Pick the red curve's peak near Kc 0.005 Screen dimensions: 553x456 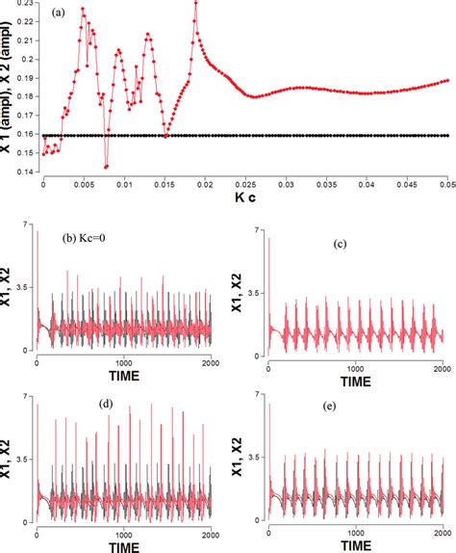[83, 10]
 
